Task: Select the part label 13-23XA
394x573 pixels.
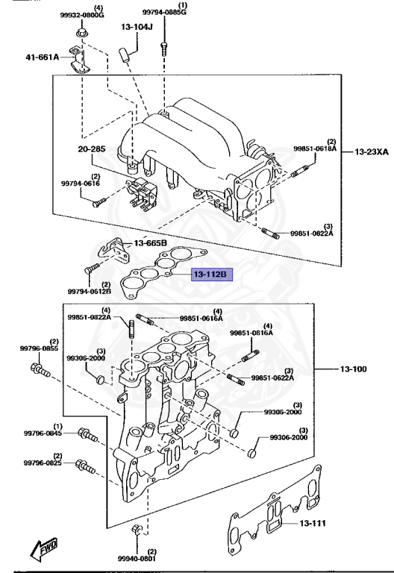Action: click(x=372, y=151)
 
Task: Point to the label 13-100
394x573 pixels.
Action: click(x=353, y=369)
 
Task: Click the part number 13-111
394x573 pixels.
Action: click(x=313, y=523)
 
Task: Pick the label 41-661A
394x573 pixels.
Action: click(x=42, y=57)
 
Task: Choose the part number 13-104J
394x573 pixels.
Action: click(x=137, y=27)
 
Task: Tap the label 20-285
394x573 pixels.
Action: click(x=91, y=149)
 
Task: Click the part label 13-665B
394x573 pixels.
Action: click(x=150, y=243)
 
